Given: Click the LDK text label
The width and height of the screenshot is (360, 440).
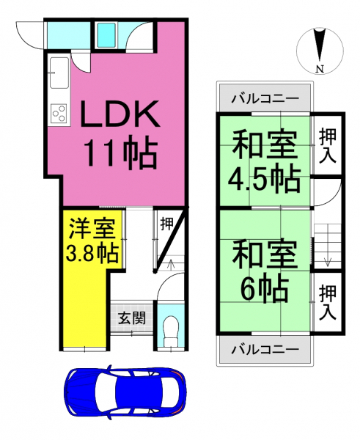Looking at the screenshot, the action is coord(120,114).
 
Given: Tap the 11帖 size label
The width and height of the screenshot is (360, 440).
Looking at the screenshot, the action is coord(121,153).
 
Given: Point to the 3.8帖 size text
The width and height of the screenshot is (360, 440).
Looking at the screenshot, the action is coord(92,253).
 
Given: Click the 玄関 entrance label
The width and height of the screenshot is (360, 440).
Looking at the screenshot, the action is coord(131,318).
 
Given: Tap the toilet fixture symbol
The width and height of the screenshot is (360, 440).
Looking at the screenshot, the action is coord(171,332).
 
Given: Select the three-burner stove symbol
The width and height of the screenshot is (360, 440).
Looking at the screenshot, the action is coord(59,113).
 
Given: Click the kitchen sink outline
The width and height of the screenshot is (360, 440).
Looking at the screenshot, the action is coord(59,73).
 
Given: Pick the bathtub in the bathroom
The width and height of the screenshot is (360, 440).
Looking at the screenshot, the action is coord(106,34).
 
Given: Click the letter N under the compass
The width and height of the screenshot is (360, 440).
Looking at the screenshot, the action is coord(320,68).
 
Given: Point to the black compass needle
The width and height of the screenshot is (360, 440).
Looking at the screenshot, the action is coord(320,45).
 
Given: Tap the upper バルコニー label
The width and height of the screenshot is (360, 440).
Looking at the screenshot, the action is coord(265,99).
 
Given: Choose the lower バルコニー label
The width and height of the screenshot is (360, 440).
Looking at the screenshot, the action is coord(265,350).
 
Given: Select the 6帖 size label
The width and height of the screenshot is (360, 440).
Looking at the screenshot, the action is coord(265,288).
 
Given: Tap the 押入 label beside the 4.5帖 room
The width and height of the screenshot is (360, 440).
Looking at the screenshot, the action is coord(328,145).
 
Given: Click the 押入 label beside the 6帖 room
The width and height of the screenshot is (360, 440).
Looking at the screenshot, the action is coord(328,302).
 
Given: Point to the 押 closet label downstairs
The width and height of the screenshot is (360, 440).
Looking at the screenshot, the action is coord(166,224).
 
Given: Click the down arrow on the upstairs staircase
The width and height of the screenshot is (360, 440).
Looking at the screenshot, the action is coord(328,257).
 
